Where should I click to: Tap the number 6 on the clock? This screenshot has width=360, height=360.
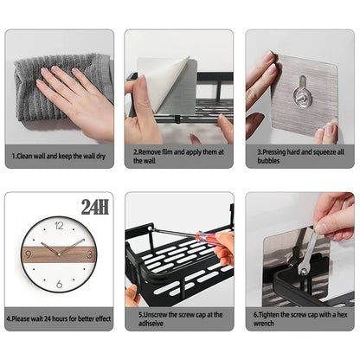pyautogui.click(x=59, y=285)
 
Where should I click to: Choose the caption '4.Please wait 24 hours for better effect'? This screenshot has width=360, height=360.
pyautogui.click(x=58, y=318)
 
